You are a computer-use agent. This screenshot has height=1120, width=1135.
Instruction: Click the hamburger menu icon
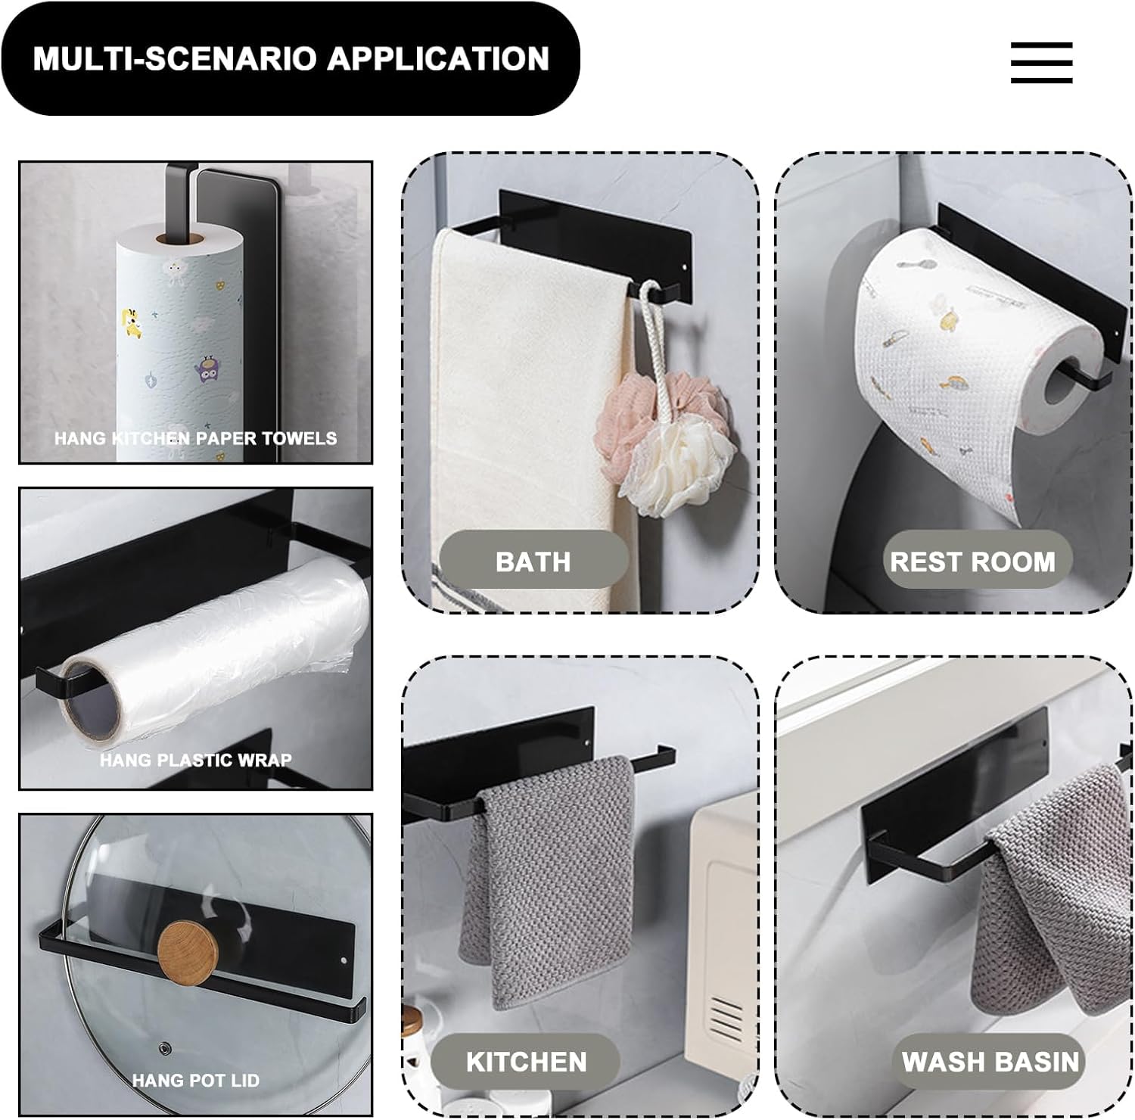(1041, 62)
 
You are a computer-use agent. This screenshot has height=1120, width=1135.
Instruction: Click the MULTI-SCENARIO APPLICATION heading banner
(291, 59)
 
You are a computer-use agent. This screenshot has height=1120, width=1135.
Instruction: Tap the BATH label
(533, 561)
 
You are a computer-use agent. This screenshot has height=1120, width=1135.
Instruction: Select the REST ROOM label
(972, 561)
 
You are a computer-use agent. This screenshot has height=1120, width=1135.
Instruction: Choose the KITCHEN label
(526, 1061)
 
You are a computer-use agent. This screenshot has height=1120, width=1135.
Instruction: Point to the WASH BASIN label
(990, 1061)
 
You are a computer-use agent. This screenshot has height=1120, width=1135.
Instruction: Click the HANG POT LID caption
(196, 1080)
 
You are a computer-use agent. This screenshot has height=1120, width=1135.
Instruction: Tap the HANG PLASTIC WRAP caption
(196, 759)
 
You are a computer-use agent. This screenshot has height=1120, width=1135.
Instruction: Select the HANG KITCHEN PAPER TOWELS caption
(195, 437)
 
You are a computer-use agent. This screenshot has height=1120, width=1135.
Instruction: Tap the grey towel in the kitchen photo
(546, 878)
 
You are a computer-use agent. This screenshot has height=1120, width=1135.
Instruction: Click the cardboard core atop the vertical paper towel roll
(180, 239)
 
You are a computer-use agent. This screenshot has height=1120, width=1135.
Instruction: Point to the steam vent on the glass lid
(163, 1048)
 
